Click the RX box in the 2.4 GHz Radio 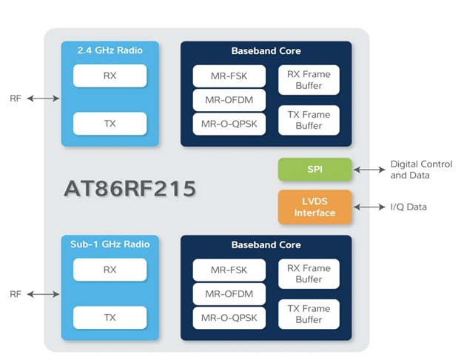110,75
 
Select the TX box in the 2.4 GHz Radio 110,123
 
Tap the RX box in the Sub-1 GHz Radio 110,270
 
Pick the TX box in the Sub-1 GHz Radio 110,318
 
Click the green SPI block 315,169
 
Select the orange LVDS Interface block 315,207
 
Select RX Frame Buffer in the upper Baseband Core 309,79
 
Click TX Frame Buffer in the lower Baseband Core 309,314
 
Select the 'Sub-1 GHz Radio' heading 110,244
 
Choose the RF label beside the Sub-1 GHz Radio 16,294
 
